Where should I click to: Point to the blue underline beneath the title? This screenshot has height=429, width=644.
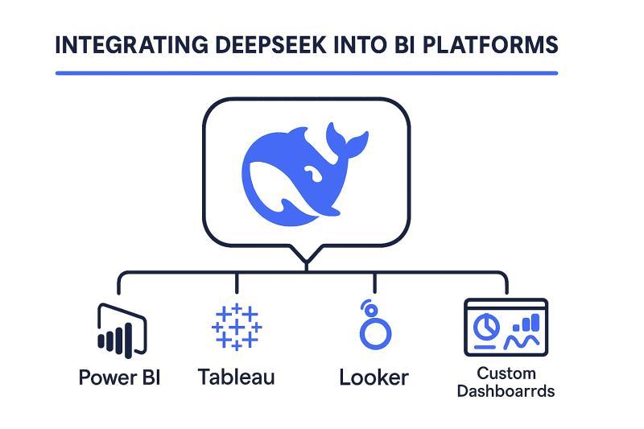[306, 73]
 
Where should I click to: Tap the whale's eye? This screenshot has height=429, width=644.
[311, 171]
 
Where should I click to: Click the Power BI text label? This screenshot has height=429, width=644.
[119, 377]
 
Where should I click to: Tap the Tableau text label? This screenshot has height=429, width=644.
[236, 377]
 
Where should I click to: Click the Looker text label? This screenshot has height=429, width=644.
[374, 377]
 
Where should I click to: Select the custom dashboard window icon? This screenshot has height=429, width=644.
[506, 327]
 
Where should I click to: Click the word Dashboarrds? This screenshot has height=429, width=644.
[506, 392]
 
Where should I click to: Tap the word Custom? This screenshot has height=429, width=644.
[506, 373]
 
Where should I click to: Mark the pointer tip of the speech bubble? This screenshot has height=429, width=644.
[306, 262]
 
